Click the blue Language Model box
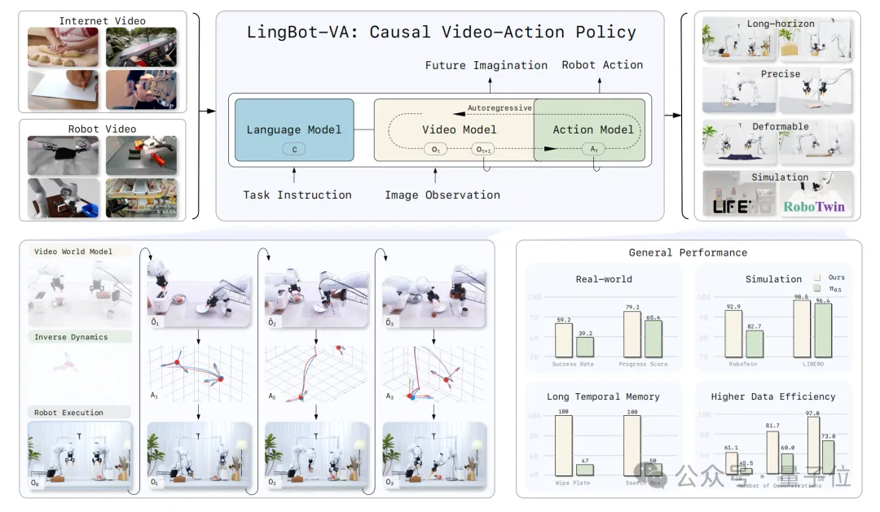(x=294, y=129)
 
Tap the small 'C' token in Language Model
(x=294, y=149)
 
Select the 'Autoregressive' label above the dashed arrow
(x=499, y=107)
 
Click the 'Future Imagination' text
(x=486, y=65)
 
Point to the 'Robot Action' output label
(x=602, y=65)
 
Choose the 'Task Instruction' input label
(x=297, y=195)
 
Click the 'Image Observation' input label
(x=442, y=195)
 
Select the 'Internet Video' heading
(x=102, y=20)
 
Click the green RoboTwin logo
(x=814, y=207)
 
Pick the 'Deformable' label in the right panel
(x=780, y=127)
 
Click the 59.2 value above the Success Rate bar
(x=564, y=320)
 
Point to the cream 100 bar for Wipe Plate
(x=563, y=445)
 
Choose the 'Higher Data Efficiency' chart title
(x=773, y=396)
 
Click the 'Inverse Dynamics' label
(x=71, y=337)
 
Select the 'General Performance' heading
(x=688, y=253)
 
